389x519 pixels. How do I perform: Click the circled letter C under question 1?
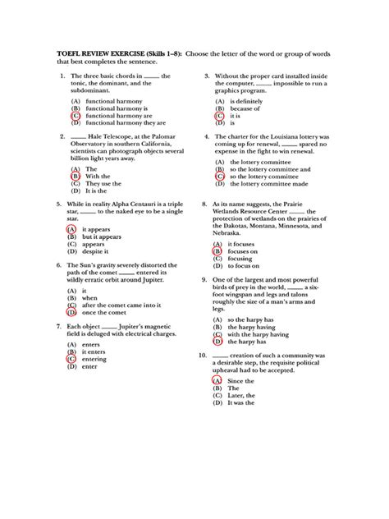point(76,115)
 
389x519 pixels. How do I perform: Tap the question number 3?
point(207,76)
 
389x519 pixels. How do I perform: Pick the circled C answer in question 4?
point(219,176)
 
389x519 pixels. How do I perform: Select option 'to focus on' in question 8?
point(247,267)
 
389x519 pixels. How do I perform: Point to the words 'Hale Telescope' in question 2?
point(110,137)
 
